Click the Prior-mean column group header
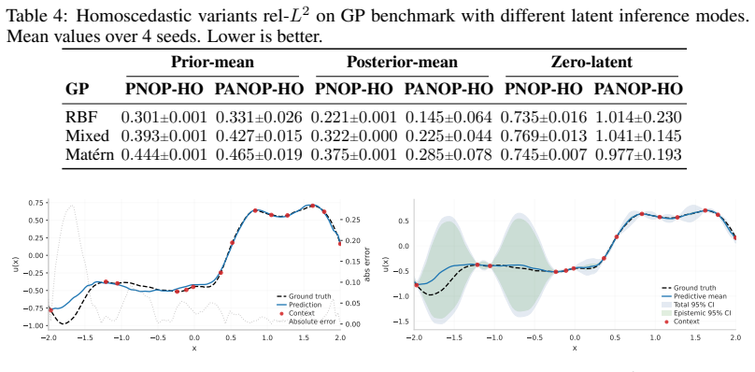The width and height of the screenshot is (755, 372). point(212,63)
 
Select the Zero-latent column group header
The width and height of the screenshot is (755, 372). point(591,63)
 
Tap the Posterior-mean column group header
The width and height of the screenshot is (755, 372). point(402,63)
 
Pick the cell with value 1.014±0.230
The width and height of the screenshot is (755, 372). point(638,117)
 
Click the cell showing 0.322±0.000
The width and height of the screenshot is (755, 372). point(354,136)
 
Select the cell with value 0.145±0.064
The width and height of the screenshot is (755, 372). point(449,117)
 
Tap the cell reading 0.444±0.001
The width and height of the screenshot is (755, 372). point(164,154)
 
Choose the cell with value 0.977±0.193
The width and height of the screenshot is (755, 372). point(638,154)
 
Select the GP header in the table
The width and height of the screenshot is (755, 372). point(77,89)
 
